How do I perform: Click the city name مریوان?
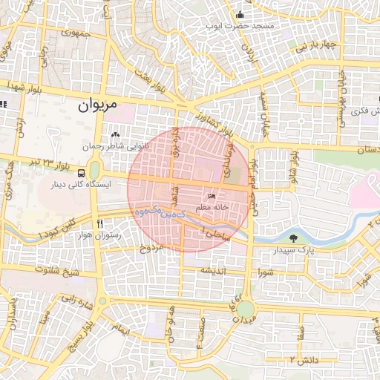[97, 106]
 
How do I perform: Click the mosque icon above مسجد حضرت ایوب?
[240, 15]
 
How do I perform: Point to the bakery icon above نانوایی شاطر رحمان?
[115, 135]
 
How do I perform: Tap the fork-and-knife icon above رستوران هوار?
[99, 223]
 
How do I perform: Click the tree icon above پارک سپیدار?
[296, 239]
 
